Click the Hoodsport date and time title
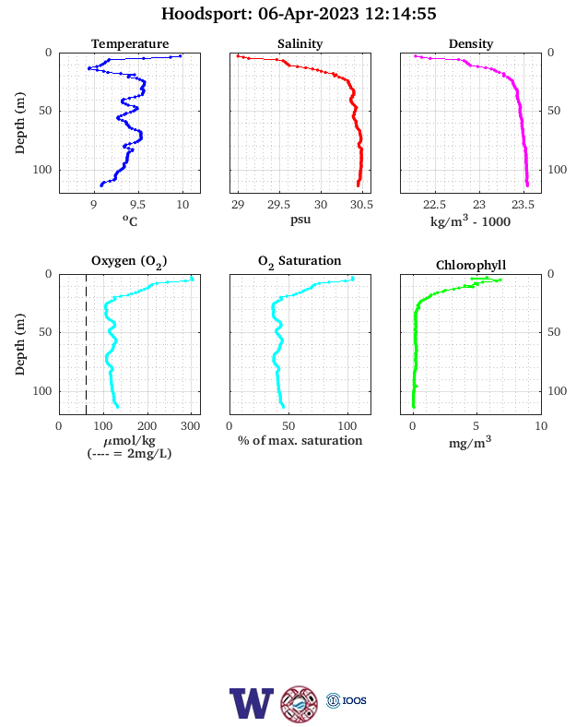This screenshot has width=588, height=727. pos(299,14)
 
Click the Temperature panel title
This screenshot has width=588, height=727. pos(130,43)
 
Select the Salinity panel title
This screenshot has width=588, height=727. pos(300,43)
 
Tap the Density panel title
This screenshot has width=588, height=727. pos(471,43)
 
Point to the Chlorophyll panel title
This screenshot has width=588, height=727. pos(471,265)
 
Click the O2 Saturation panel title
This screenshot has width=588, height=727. pos(300,261)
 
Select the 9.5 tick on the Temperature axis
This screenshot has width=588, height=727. pos(138,205)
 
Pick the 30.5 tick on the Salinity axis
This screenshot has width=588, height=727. pos(361,205)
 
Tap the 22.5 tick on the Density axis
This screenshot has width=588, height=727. pos(434,205)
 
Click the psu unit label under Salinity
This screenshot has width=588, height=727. pos(300,220)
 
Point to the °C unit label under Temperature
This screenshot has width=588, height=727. pos(130,220)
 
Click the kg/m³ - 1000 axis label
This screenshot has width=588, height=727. pos(470,220)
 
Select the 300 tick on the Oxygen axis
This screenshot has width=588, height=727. pos(190,426)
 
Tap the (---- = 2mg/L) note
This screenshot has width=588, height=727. pos(130,453)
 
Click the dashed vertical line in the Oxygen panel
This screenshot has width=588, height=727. pos(86,344)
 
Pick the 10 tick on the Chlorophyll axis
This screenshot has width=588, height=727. pos(541,426)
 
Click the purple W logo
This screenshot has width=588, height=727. pos(251,703)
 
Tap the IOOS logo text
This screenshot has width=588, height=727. pos(354,700)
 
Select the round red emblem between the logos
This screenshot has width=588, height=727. pos(300,704)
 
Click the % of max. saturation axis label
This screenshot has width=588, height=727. pos(300,440)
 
